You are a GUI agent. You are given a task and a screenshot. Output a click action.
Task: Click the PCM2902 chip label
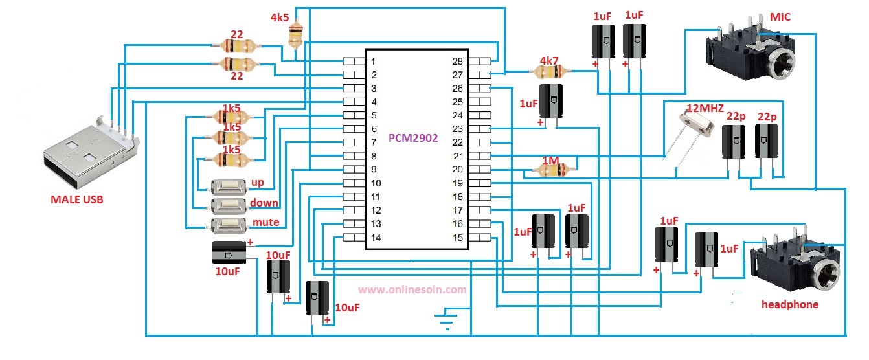(413, 138)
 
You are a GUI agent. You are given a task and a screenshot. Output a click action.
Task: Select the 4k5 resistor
(296, 35)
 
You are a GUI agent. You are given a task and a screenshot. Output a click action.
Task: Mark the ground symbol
(444, 319)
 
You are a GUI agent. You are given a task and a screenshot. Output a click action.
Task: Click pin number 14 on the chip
(374, 238)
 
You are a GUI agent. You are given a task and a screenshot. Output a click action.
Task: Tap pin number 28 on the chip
(457, 61)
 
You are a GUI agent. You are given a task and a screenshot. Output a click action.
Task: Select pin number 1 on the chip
(374, 62)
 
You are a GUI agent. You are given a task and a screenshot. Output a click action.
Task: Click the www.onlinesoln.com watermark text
(412, 290)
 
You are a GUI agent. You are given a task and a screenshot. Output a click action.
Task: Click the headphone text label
(789, 304)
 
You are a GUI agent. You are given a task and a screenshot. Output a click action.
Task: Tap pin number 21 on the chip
(457, 156)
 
